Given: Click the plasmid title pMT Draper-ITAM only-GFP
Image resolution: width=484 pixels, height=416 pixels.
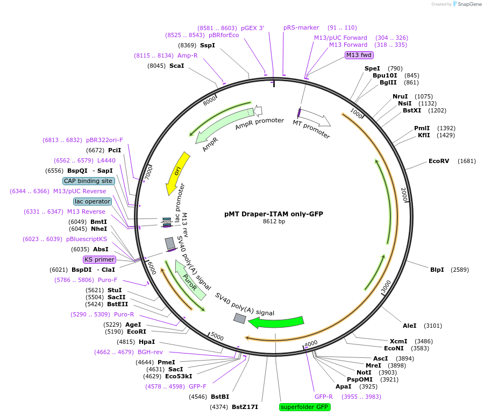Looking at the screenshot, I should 274,214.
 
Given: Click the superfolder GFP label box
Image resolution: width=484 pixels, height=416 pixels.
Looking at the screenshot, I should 304,407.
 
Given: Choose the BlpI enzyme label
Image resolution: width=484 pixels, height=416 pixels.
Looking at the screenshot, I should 437,270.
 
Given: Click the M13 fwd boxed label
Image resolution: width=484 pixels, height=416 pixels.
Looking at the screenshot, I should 359,55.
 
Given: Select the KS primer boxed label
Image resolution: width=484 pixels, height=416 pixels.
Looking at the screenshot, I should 99,259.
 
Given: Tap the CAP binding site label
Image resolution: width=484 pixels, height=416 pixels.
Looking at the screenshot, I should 88,181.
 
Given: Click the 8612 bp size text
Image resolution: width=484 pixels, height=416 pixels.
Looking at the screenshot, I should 274,221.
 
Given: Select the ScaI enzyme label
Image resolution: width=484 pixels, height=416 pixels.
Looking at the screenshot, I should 176,66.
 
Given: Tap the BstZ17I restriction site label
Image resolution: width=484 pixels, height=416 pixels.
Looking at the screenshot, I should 245,407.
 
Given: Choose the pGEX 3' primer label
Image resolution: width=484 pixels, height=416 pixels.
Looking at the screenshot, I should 252,28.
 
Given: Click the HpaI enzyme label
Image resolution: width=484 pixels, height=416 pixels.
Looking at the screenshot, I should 147,342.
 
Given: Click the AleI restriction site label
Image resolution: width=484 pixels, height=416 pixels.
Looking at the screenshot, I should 410,326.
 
